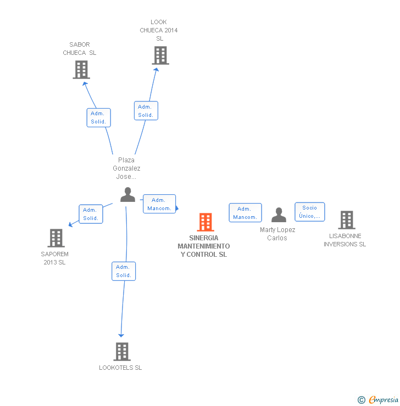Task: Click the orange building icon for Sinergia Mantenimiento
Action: pos(205,222)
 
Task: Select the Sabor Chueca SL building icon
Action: pos(81,70)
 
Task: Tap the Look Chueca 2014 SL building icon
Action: pos(160,55)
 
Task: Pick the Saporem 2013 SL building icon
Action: pos(56,238)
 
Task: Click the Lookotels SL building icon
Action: pos(121,352)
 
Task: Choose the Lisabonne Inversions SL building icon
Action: pos(346,220)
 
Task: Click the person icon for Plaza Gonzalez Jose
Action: pos(127,195)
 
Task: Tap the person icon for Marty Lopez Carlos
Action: pos(279,215)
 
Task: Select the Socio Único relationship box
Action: pos(309,212)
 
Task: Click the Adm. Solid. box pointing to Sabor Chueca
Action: pos(98,117)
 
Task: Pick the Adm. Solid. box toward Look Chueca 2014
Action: pos(146,111)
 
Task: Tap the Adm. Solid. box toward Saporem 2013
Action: pos(90,214)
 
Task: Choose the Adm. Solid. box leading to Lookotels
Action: pos(124,271)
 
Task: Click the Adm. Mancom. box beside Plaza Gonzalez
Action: pos(159,204)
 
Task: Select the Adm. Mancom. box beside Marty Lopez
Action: pos(245,213)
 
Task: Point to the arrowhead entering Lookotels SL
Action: pos(121,335)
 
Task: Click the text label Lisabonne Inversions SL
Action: pos(345,240)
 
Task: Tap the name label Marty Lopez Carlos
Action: pos(277,234)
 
